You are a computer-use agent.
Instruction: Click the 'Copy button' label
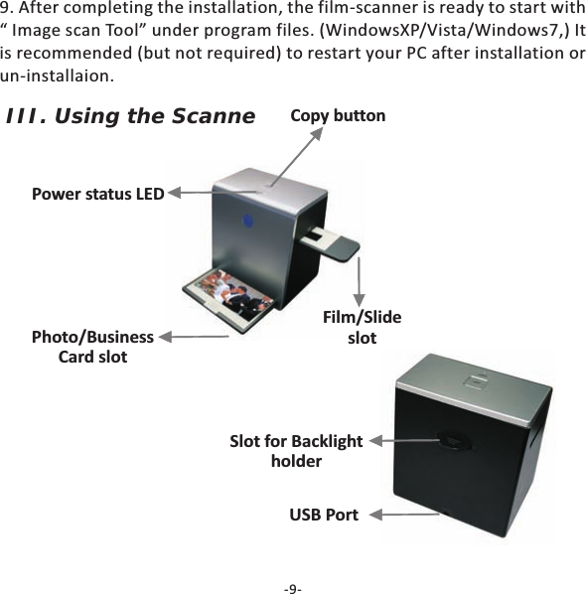(338, 116)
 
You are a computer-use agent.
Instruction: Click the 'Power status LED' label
(97, 194)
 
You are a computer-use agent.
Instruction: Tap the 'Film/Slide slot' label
(363, 328)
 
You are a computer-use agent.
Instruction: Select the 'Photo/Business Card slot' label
(92, 347)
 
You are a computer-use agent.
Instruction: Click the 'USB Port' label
(324, 515)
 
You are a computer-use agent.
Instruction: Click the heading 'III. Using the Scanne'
(130, 117)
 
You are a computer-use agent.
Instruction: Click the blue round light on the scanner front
(248, 220)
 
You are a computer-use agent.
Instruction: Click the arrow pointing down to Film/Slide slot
(358, 283)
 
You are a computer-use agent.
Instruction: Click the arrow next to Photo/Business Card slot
(199, 338)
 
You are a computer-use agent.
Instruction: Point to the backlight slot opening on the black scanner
(452, 439)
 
